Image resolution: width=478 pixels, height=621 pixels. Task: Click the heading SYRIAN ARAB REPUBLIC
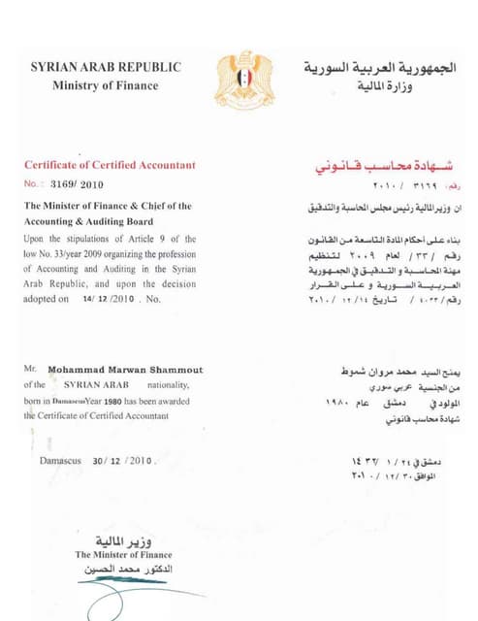point(106,67)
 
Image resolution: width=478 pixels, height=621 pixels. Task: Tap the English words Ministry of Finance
point(106,85)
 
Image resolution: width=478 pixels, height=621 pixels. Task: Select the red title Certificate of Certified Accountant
point(110,165)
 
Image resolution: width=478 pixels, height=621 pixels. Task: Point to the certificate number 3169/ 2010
point(77,183)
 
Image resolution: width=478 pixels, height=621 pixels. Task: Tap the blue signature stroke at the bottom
point(145,591)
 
